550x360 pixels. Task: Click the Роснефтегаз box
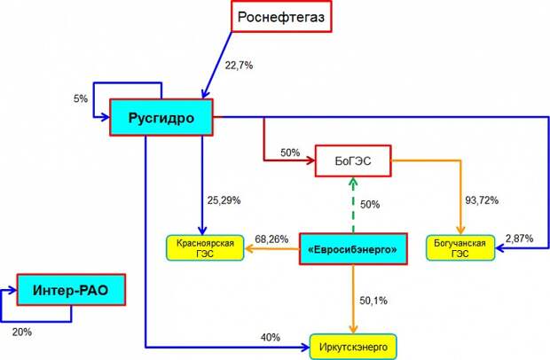tap(281, 17)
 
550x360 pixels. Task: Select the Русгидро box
tap(161, 117)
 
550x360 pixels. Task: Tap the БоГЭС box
tap(353, 160)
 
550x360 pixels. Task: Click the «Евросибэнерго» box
tap(353, 249)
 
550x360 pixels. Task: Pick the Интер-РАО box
tap(71, 290)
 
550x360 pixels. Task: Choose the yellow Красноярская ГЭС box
tap(205, 247)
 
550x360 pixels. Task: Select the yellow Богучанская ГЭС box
tap(460, 247)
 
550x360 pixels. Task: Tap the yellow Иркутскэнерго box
tap(353, 347)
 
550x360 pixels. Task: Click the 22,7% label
tap(239, 66)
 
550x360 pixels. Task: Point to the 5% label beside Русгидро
tap(81, 98)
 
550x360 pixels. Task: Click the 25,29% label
tap(224, 200)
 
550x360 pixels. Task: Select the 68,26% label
tap(271, 239)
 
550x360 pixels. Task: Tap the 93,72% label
tap(482, 200)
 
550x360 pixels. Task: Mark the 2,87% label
tap(520, 239)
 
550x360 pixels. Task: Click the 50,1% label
tap(373, 301)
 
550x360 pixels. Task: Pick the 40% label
tap(271, 337)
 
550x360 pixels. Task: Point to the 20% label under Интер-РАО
tap(22, 332)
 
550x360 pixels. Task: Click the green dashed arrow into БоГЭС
tap(353, 205)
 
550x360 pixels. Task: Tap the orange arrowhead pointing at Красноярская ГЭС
tap(248, 249)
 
